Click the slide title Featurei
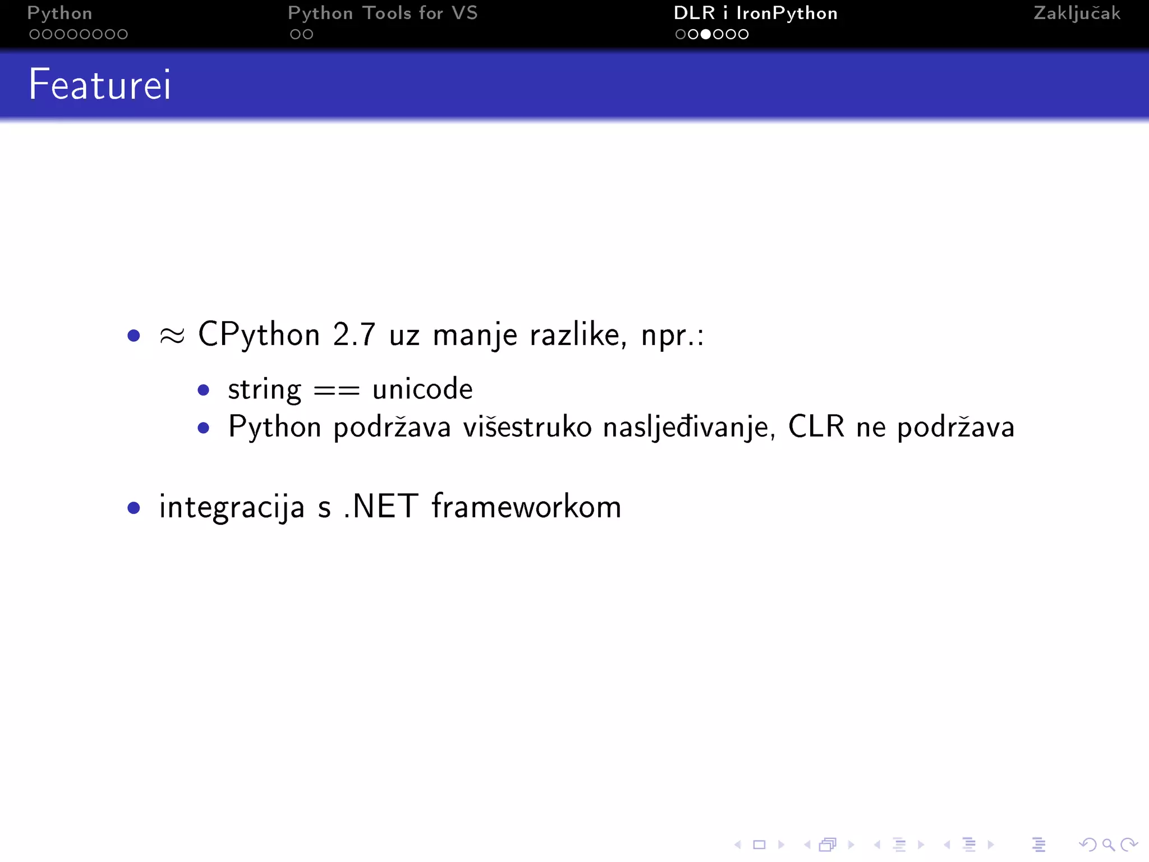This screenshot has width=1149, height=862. (100, 85)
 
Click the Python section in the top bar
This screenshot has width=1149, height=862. (59, 13)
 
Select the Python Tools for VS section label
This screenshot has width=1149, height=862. (383, 13)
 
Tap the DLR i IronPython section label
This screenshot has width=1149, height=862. (755, 13)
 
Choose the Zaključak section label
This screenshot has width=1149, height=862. (1077, 13)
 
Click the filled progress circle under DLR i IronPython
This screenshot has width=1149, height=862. (705, 34)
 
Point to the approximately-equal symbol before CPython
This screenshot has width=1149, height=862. (172, 336)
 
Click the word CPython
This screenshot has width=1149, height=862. (259, 335)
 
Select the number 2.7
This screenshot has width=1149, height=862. (353, 335)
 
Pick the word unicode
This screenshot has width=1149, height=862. (422, 389)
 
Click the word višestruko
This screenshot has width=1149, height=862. (527, 427)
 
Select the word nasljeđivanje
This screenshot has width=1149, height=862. (690, 428)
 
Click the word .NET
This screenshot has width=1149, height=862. (380, 506)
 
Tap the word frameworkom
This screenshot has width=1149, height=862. (526, 506)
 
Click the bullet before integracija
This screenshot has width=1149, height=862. (134, 508)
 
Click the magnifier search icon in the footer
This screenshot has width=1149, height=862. (1108, 845)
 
